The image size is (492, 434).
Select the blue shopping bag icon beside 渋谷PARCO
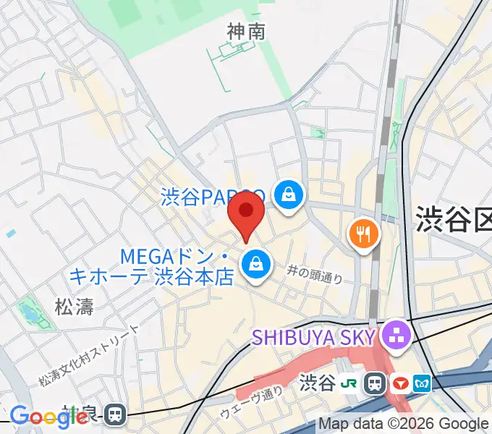click(288, 195)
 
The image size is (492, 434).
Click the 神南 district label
click(246, 32)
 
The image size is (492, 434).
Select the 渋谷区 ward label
click(453, 217)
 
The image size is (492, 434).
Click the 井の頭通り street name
click(314, 273)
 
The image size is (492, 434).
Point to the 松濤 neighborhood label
click(75, 307)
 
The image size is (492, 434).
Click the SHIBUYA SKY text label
click(314, 336)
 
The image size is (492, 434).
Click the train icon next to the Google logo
click(114, 414)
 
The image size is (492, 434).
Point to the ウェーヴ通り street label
click(252, 404)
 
